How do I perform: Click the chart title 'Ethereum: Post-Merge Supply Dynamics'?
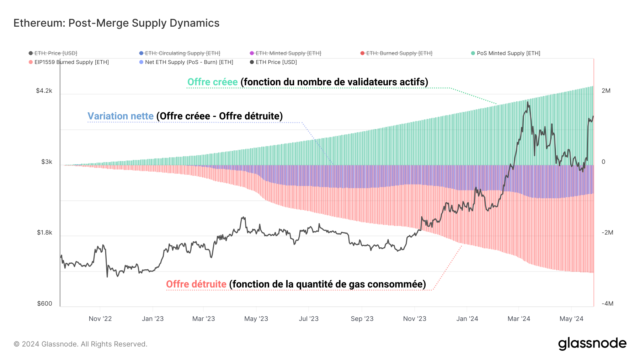[116, 23]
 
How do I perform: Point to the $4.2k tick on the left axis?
[44, 91]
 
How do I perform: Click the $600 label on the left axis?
[44, 303]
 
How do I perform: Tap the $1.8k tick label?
[44, 232]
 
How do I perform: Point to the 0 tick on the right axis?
[603, 162]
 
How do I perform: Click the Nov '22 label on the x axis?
[100, 319]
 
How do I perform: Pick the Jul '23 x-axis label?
[309, 319]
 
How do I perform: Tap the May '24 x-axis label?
[571, 319]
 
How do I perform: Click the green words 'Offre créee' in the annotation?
[212, 82]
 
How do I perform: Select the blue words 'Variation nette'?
[121, 116]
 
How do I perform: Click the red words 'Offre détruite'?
[196, 284]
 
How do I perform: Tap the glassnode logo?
[592, 344]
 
